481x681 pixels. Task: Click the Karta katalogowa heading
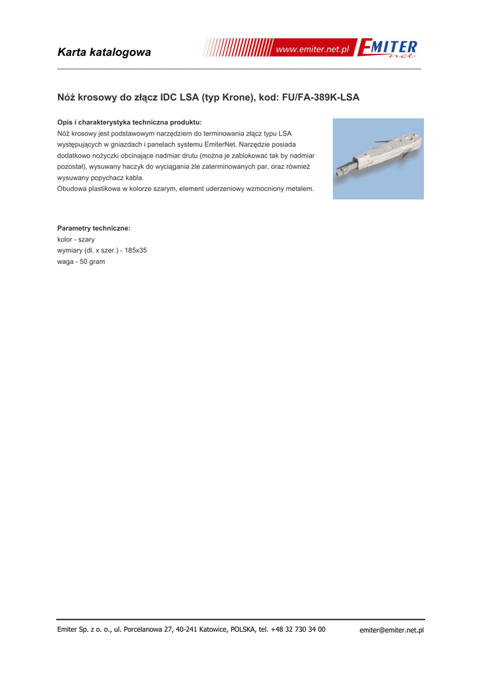(x=104, y=52)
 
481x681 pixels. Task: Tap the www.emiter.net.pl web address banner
(x=312, y=49)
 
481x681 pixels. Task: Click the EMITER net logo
(x=388, y=49)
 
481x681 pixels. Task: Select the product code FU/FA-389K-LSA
(x=321, y=97)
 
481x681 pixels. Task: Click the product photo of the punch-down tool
(x=378, y=159)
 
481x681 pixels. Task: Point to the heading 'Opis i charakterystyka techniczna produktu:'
(x=130, y=122)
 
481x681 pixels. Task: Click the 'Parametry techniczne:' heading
(x=94, y=228)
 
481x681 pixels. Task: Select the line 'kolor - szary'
(x=76, y=239)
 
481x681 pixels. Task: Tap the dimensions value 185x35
(x=136, y=251)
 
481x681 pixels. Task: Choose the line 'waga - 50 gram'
(x=81, y=262)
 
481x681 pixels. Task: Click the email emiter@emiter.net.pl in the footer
(x=391, y=630)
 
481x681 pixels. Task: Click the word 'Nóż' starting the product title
(x=66, y=97)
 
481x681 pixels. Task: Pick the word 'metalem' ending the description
(x=297, y=189)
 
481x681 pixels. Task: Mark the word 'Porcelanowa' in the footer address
(x=143, y=629)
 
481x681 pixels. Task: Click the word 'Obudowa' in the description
(x=72, y=189)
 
